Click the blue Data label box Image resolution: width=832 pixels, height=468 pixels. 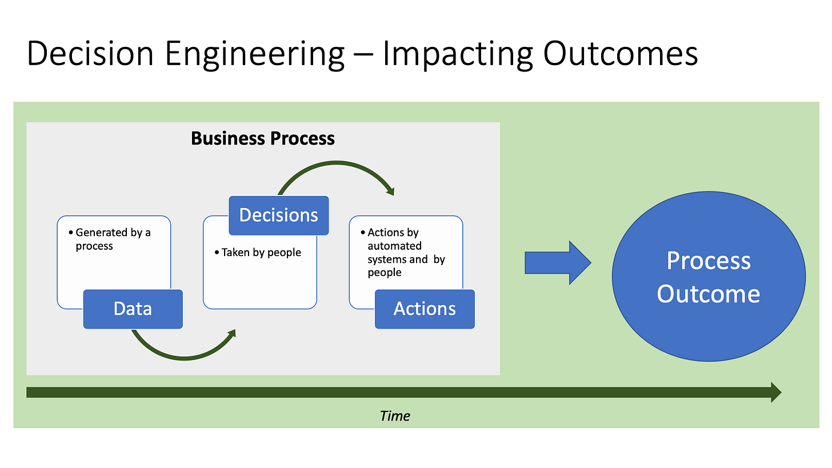coord(133,309)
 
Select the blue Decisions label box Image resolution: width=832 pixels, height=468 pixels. coord(279,215)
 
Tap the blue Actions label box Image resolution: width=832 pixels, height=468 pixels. coord(425,309)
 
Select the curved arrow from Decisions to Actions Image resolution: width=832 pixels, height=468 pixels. coord(337,168)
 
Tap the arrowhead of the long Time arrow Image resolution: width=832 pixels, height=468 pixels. coord(775,392)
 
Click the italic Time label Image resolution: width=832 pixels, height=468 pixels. coord(395,415)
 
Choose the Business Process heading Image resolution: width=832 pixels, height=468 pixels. coord(263,138)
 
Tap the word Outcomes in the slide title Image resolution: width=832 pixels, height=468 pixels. coord(620,54)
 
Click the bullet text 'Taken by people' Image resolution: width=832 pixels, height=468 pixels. coord(261,253)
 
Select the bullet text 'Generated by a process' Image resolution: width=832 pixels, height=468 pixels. coord(113,239)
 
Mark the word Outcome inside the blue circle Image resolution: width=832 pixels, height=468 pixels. coord(708,294)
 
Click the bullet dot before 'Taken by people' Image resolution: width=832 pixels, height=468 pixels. coord(217,253)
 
